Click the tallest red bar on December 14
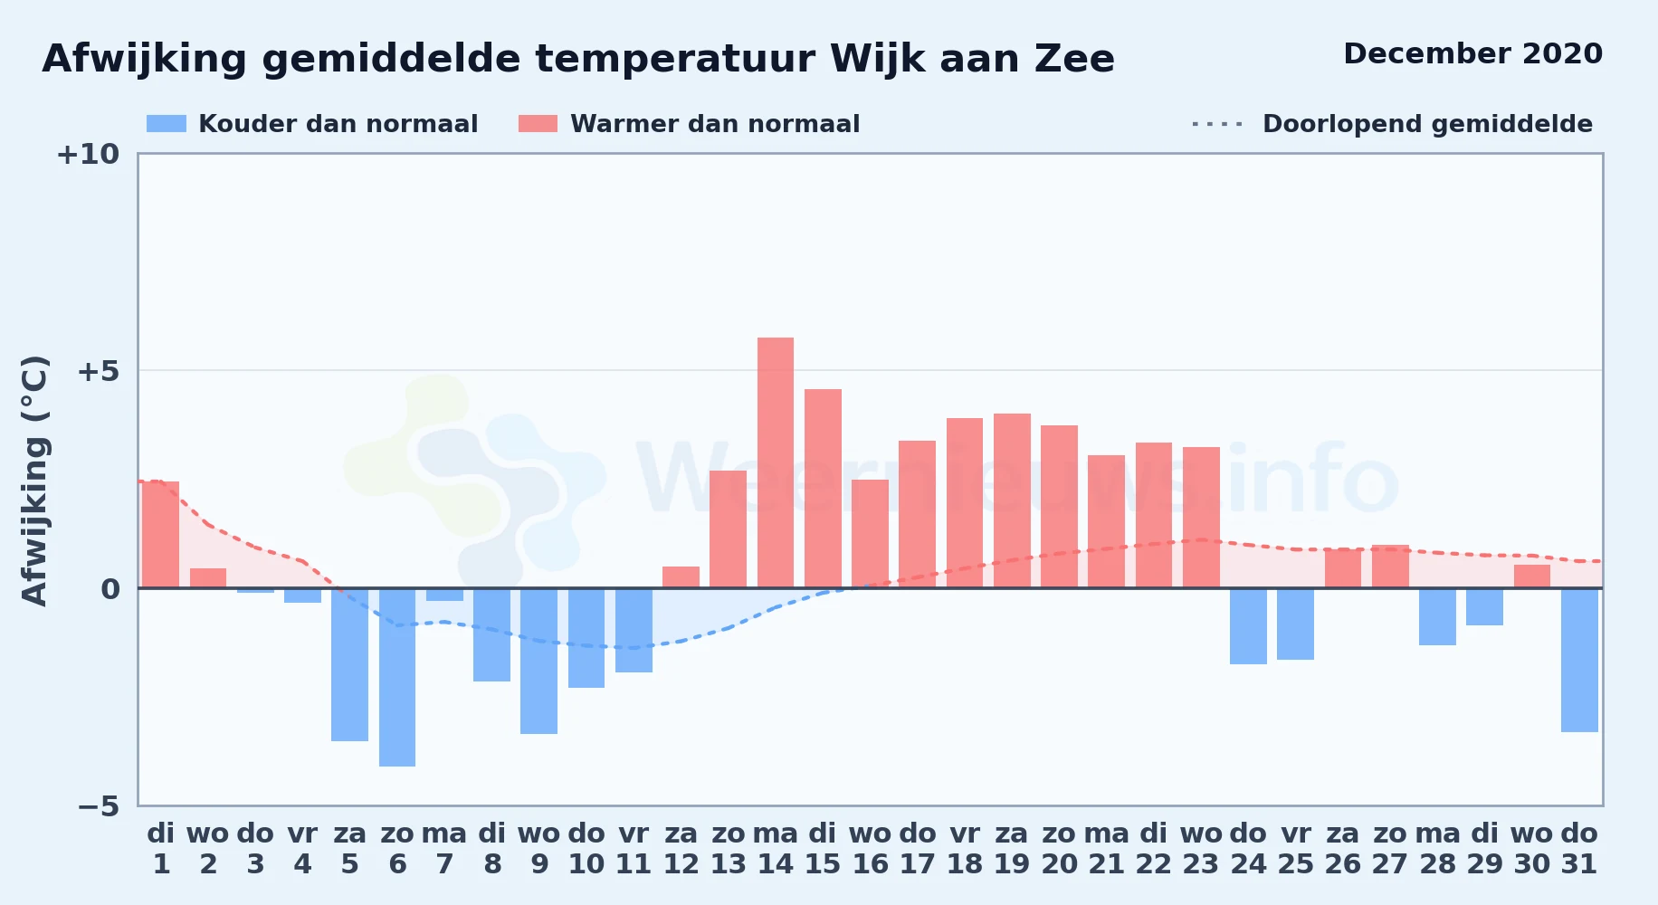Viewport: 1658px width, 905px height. (x=776, y=462)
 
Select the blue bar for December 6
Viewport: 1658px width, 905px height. (x=397, y=677)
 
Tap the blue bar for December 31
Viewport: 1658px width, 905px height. (x=1579, y=660)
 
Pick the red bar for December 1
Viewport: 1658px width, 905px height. (x=161, y=534)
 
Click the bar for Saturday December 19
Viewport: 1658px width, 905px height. (x=1012, y=500)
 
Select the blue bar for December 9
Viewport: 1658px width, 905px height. (x=539, y=661)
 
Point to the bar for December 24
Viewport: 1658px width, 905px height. (x=1248, y=626)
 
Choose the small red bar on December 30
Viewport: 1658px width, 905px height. (x=1532, y=576)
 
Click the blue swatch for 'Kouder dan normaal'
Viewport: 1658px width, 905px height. (x=167, y=124)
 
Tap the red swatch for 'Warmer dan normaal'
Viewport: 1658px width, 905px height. (x=538, y=124)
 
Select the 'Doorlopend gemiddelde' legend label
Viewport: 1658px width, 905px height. (x=1427, y=124)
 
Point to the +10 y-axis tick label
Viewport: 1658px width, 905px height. (x=88, y=155)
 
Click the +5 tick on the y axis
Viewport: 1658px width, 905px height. (x=98, y=371)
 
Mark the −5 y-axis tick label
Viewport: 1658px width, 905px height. (x=98, y=806)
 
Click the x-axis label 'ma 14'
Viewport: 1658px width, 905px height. (x=776, y=849)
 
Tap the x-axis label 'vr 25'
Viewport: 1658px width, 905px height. (x=1296, y=849)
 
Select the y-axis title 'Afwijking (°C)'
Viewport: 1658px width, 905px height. (x=34, y=481)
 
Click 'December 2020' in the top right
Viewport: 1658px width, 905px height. (x=1472, y=53)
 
